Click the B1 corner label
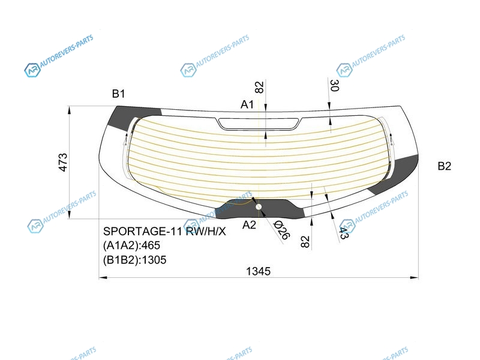point(118,94)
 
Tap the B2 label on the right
point(444,166)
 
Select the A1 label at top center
point(247,104)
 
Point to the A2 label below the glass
point(249,225)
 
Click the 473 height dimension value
point(63,162)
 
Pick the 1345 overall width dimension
point(259,271)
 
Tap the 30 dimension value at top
point(334,85)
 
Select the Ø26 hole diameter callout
point(281,230)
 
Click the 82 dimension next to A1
point(259,87)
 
